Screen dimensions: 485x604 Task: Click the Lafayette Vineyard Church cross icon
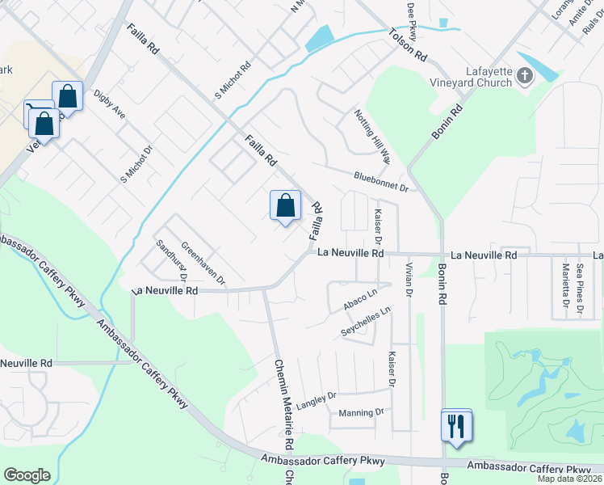click(x=525, y=77)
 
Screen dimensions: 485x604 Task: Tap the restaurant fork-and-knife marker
click(x=457, y=424)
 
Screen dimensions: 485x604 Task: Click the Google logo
click(x=27, y=475)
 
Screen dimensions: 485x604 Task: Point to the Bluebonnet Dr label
click(x=382, y=180)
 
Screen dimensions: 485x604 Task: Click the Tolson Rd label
click(x=407, y=45)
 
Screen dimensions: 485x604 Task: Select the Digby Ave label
click(x=109, y=104)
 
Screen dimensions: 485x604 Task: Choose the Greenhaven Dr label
click(x=203, y=264)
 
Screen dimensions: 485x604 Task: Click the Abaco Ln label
click(x=360, y=298)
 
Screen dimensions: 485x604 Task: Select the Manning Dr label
click(x=357, y=412)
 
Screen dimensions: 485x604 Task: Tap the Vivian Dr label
click(x=409, y=280)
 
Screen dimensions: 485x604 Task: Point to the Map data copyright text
click(x=570, y=479)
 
